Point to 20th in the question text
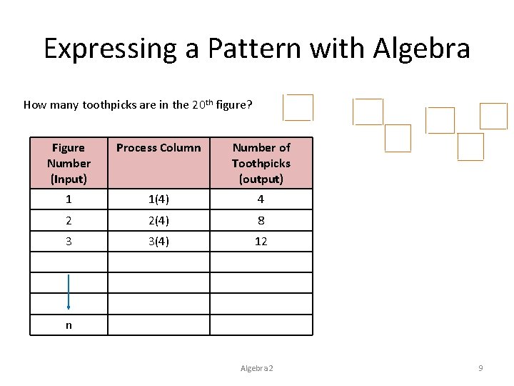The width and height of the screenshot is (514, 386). [203, 104]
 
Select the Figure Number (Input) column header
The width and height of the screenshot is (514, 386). [69, 163]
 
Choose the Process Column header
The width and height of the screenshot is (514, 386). [158, 148]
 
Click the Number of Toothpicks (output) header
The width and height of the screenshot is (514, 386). [261, 163]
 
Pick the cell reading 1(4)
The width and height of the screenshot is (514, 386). [158, 199]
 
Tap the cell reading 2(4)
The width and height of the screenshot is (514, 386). [158, 220]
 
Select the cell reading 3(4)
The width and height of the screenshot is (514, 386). [158, 241]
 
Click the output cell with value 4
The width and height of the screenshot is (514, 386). [261, 199]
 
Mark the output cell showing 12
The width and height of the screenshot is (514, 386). [261, 241]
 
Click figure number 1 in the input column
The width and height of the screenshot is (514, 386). [69, 199]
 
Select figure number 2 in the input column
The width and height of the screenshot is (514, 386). [69, 220]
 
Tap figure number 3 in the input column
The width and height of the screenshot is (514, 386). [69, 241]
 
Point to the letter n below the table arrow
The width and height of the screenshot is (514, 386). [69, 325]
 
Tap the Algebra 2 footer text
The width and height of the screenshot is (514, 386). [257, 368]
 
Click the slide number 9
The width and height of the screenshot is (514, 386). [480, 368]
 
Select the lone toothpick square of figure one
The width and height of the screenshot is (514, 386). [298, 107]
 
